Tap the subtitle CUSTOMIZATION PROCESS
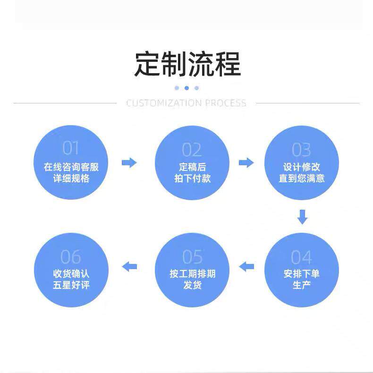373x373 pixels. pos(186,103)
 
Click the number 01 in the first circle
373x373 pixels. pos(71,148)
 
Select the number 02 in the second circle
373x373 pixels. pos(192,150)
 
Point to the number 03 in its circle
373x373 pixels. pos(301,150)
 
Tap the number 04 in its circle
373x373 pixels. pos(301,258)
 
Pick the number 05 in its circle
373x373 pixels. pos(192,257)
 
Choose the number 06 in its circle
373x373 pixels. pos(71,257)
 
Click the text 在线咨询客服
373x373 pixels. pos(71,167)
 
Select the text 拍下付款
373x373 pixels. pos(192,179)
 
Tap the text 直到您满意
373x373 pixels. pos(302,179)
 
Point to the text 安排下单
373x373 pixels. pos(302,273)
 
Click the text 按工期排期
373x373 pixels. pos(192,273)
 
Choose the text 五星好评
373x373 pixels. pos(71,285)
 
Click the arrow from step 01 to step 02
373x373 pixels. pos(129,163)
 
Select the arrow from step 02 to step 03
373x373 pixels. pos(246,163)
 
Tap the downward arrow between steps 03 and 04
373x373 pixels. pos(303,217)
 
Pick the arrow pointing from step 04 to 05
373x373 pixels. pos(246,267)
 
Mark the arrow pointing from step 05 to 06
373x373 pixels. pos(129,267)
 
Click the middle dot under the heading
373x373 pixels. pos(186,88)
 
